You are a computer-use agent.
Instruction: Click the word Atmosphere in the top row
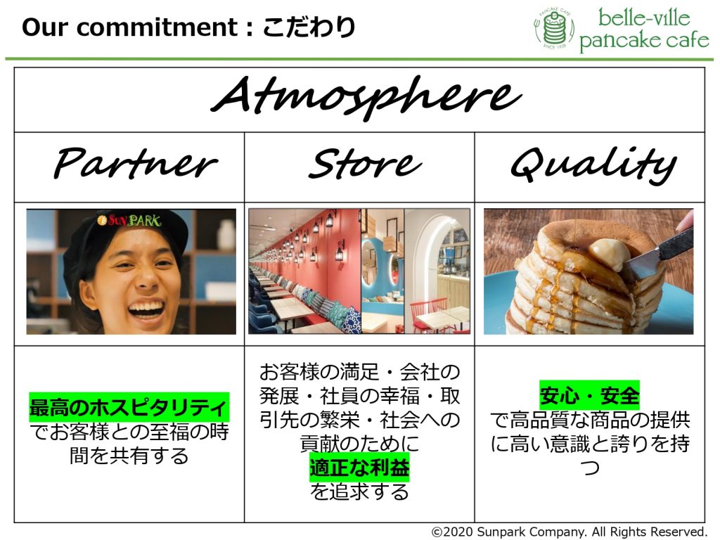pyautogui.click(x=366, y=97)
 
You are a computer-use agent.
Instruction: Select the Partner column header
pyautogui.click(x=136, y=163)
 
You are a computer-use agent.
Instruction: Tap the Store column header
pyautogui.click(x=365, y=163)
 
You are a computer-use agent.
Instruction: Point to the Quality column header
pyautogui.click(x=593, y=165)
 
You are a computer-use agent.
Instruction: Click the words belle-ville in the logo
pyautogui.click(x=644, y=18)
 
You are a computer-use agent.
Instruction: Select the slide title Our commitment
pyautogui.click(x=130, y=27)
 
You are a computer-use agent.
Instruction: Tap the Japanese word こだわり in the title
pyautogui.click(x=309, y=27)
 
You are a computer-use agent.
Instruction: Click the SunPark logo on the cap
pyautogui.click(x=129, y=220)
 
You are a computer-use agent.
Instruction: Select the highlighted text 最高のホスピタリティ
pyautogui.click(x=129, y=407)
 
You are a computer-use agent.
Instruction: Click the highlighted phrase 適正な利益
pyautogui.click(x=359, y=468)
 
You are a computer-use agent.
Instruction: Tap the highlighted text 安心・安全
pyautogui.click(x=589, y=395)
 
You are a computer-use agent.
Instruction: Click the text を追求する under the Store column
pyautogui.click(x=359, y=492)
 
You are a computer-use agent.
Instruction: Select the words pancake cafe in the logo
pyautogui.click(x=644, y=40)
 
